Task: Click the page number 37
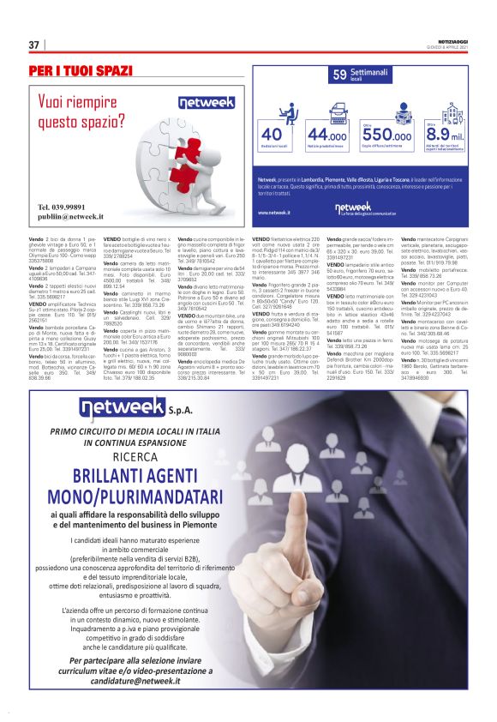(34, 45)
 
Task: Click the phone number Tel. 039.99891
(62, 208)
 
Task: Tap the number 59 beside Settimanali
(339, 75)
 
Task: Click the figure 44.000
(326, 135)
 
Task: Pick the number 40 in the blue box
(271, 135)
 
